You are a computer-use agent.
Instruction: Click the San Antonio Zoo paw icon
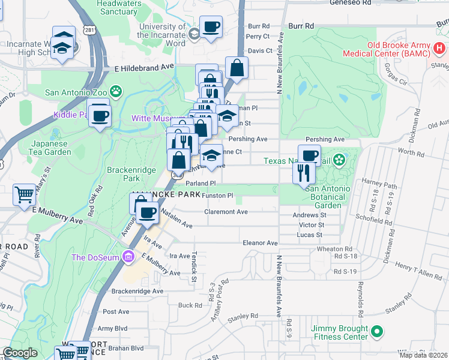(x=116, y=92)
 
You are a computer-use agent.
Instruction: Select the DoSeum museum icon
(x=127, y=257)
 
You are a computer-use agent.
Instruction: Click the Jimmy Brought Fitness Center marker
(x=376, y=331)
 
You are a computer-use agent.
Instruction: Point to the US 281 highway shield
(x=89, y=30)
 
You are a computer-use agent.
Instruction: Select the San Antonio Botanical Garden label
(x=328, y=197)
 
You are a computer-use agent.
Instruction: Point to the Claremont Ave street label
(x=226, y=212)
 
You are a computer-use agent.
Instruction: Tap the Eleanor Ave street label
(x=259, y=243)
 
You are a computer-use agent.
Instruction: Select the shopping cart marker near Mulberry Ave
(x=24, y=194)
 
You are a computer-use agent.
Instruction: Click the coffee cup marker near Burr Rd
(x=211, y=27)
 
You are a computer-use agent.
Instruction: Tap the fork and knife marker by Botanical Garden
(x=303, y=173)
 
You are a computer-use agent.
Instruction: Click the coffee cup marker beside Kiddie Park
(x=100, y=115)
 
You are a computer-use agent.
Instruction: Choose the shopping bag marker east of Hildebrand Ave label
(x=237, y=68)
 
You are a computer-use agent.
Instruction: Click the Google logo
(x=20, y=353)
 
